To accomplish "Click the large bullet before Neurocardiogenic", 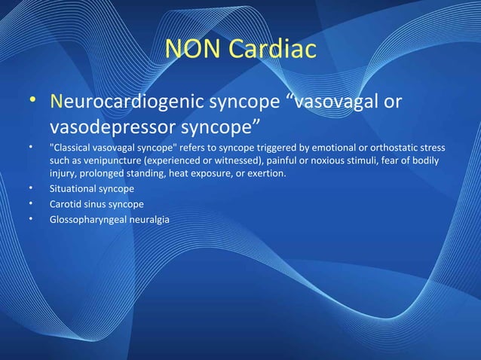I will (x=32, y=102).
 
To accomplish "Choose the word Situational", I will (x=73, y=188).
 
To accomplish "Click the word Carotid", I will (x=66, y=204).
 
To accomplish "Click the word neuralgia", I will (x=149, y=220).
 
